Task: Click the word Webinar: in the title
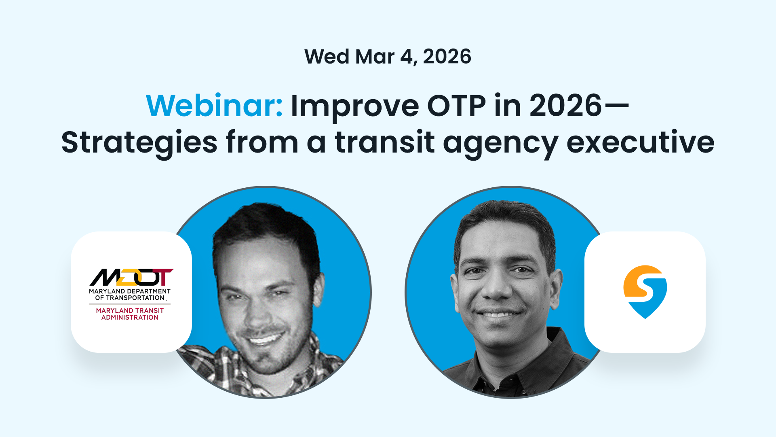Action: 214,106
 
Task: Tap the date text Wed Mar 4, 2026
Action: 388,57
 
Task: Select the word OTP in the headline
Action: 456,106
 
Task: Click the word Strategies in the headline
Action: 139,142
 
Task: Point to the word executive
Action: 640,142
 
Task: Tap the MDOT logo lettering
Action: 131,277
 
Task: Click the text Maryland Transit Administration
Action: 130,314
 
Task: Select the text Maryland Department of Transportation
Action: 130,295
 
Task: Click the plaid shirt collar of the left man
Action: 226,364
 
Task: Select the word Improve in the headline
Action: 354,106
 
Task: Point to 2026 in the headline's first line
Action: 565,106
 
